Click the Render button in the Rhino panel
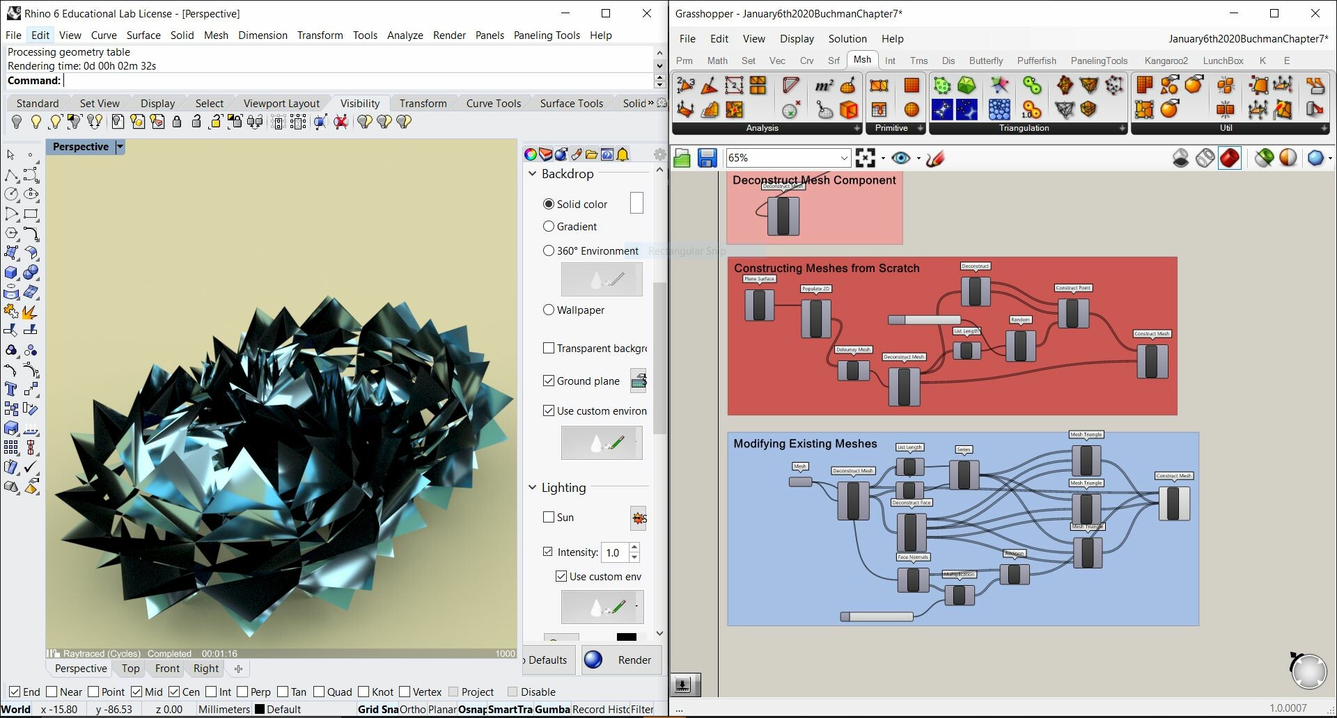pyautogui.click(x=620, y=660)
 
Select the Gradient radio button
pyautogui.click(x=549, y=226)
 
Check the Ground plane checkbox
pyautogui.click(x=549, y=381)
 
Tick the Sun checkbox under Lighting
pyautogui.click(x=549, y=517)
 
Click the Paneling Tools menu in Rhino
pyautogui.click(x=547, y=35)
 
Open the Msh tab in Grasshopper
pyautogui.click(x=862, y=60)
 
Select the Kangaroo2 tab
pyautogui.click(x=1166, y=61)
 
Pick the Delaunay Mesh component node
pyautogui.click(x=852, y=369)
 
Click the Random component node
pyautogui.click(x=1020, y=345)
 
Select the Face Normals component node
pyautogui.click(x=912, y=580)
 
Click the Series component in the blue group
pyautogui.click(x=964, y=474)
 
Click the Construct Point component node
pyautogui.click(x=1072, y=312)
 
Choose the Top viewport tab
pyautogui.click(x=130, y=669)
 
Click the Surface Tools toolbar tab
pyautogui.click(x=571, y=103)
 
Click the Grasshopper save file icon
pyautogui.click(x=707, y=159)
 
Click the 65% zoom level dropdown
pyautogui.click(x=787, y=158)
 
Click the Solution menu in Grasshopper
pyautogui.click(x=847, y=39)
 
